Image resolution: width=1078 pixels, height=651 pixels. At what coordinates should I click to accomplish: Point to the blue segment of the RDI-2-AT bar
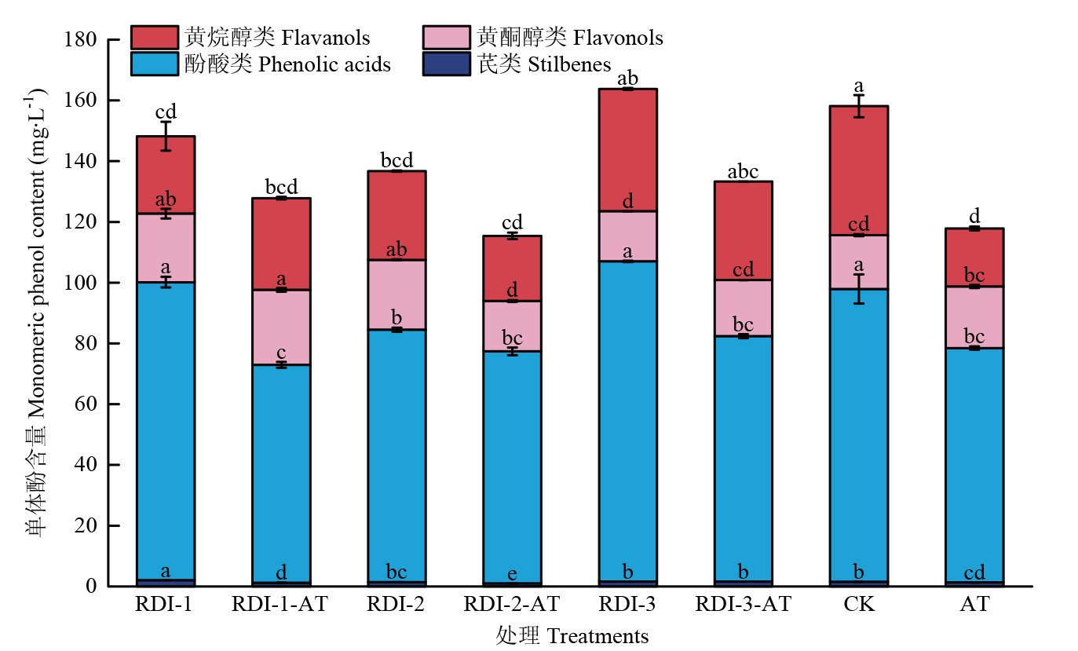point(512,467)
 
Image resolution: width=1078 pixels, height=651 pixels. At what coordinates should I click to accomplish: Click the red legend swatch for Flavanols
point(155,37)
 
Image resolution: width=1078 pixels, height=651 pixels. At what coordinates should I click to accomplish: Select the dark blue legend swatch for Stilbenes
point(446,64)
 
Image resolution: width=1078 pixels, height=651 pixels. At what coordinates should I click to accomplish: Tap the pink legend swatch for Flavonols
point(446,37)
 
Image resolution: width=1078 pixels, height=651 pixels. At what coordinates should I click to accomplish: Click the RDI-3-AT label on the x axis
point(743,605)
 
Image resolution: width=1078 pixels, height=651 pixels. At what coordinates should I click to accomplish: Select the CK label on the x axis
point(858,605)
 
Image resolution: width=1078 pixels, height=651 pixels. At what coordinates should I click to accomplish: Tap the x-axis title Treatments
point(572,635)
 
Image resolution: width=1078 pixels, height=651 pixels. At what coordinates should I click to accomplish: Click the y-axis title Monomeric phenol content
point(36,314)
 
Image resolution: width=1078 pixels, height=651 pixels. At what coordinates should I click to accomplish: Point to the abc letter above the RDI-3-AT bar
point(743,172)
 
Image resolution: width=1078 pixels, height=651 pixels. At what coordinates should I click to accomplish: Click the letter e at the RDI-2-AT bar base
point(512,574)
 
